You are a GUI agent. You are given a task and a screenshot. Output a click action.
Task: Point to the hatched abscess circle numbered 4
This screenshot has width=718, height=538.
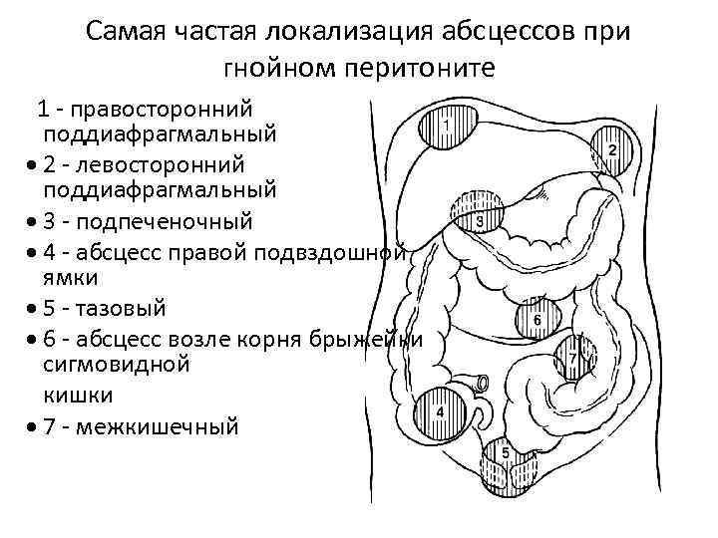click(443, 410)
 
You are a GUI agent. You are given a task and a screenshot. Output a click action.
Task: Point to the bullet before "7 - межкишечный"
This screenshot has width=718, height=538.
click(35, 429)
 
